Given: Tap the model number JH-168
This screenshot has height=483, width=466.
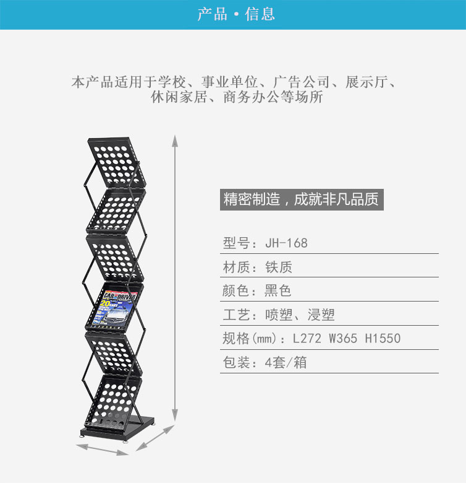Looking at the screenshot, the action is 286,243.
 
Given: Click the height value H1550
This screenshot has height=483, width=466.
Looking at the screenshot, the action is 383,339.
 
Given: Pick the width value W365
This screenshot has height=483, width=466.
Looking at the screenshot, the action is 343,339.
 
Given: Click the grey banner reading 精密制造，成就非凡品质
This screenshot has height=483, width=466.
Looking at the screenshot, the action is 302,200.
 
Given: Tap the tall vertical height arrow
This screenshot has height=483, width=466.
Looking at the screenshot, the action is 175,279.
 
